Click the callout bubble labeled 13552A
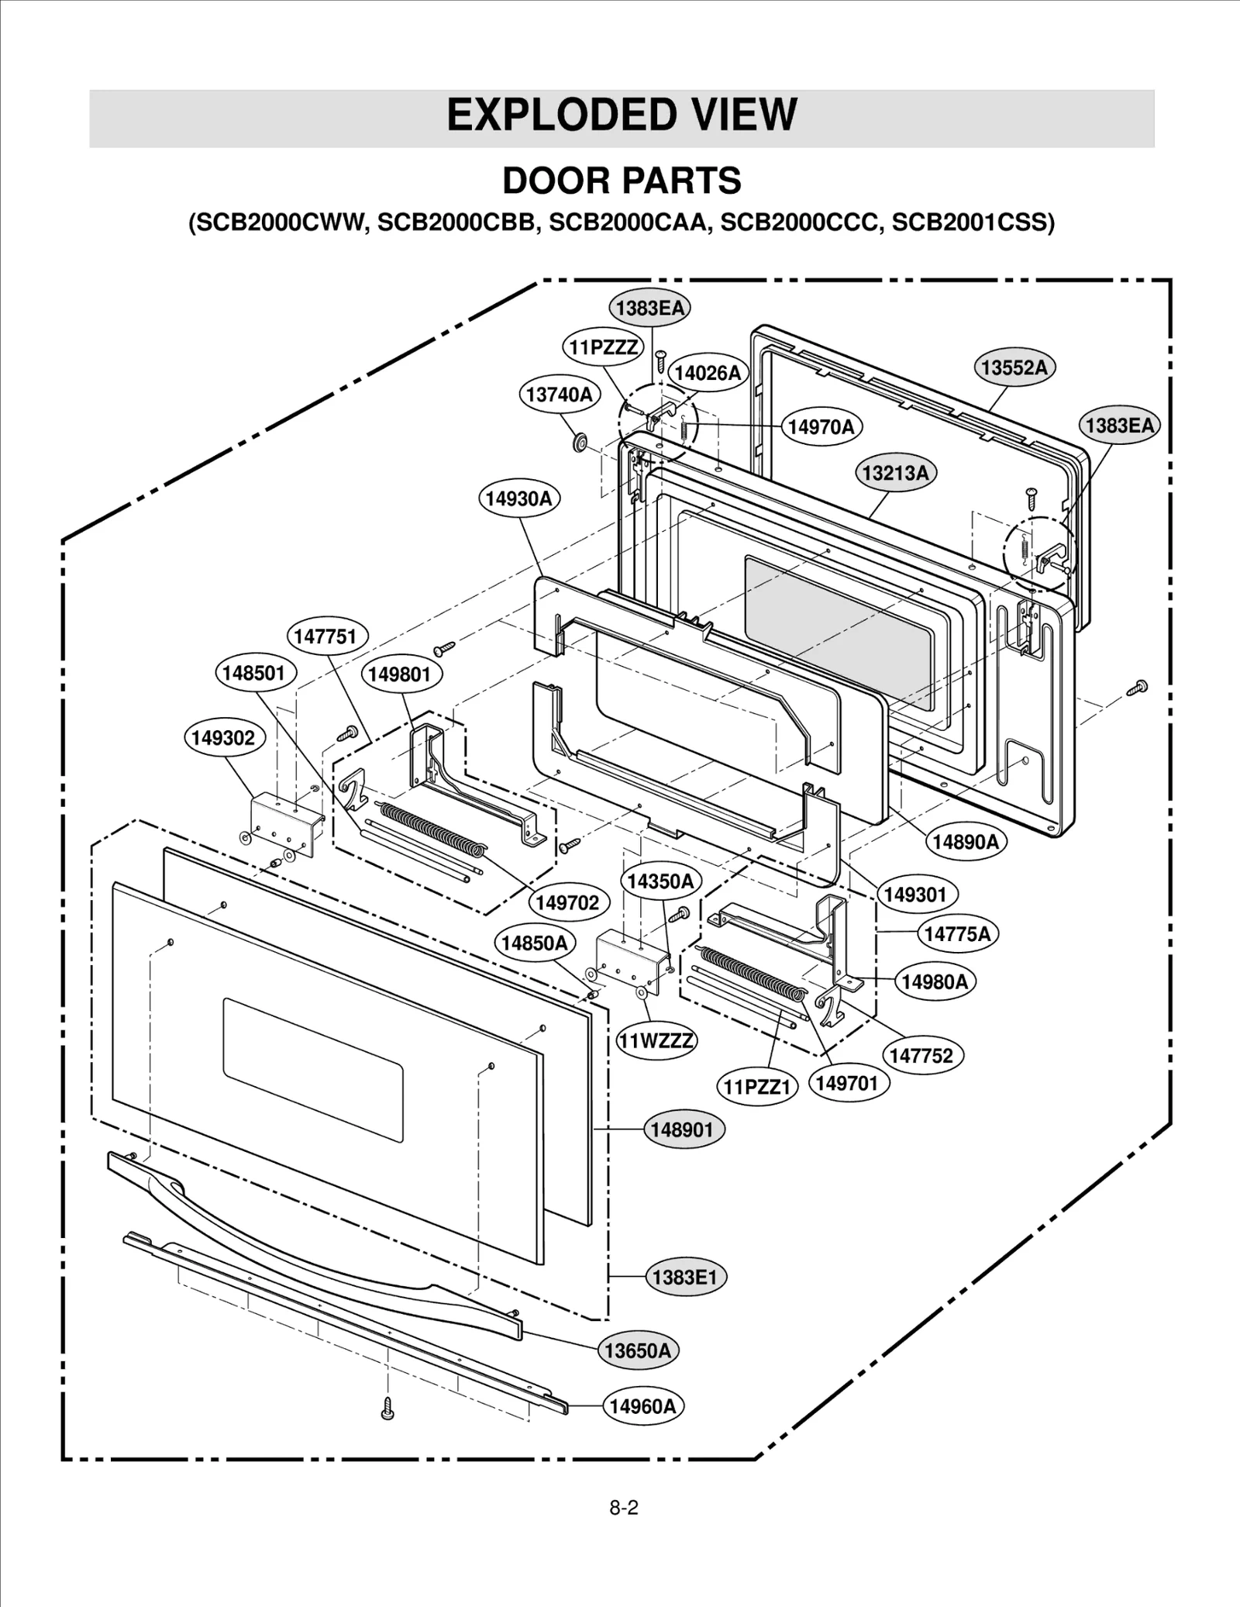[1014, 367]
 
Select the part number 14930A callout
[518, 498]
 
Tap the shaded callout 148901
[682, 1129]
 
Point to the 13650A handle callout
[638, 1350]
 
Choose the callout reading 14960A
[642, 1406]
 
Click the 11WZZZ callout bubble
[656, 1040]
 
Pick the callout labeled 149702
[568, 902]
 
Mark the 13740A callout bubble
[559, 394]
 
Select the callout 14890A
[965, 841]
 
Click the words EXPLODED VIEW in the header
[622, 116]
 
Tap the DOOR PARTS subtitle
[622, 181]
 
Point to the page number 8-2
[623, 1508]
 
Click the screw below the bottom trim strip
[388, 1409]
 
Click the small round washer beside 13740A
[579, 443]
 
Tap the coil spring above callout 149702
[431, 828]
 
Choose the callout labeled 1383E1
[685, 1277]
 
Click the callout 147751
[326, 636]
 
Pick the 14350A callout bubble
[660, 881]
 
